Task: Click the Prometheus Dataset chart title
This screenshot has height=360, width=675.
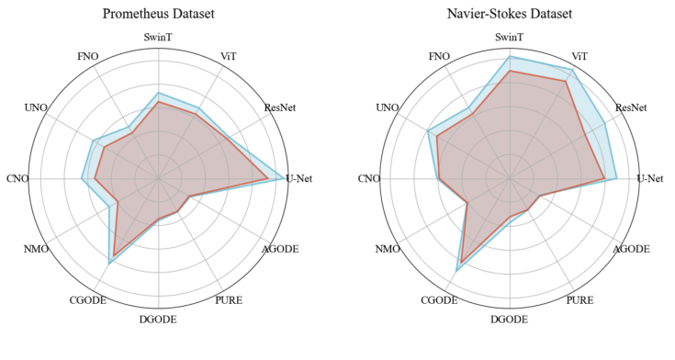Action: point(159,15)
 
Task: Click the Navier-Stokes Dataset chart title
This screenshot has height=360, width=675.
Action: point(510,15)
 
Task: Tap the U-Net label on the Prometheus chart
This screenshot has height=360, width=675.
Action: point(299,178)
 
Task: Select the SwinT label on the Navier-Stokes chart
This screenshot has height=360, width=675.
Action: point(510,37)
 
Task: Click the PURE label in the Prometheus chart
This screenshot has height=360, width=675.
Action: point(229,300)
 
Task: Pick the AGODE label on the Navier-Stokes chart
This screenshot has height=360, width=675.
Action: point(631,249)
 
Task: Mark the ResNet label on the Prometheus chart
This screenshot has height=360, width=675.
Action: point(280,108)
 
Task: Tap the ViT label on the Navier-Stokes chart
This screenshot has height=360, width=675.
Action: point(580,57)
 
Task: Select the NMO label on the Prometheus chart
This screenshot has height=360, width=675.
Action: point(37,249)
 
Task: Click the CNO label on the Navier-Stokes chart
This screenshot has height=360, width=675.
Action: point(370,178)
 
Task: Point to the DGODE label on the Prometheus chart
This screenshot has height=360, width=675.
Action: point(159,320)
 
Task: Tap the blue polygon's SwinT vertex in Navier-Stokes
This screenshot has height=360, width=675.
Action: point(510,56)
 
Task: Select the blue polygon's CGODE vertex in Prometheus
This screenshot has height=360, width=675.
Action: point(109,264)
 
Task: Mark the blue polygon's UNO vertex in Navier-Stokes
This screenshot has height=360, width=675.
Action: point(429,131)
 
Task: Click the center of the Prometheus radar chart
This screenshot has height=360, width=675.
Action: point(159,178)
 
